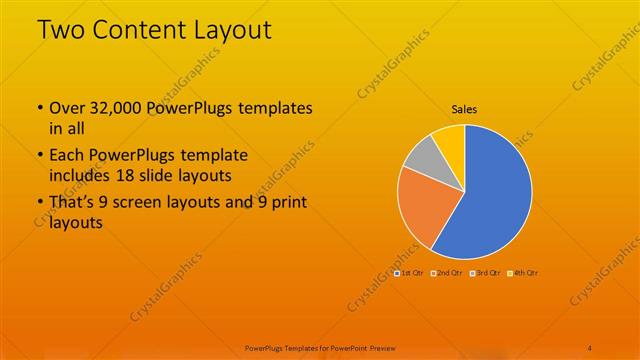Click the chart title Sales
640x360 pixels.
[x=465, y=108]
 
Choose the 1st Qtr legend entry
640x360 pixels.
[x=410, y=272]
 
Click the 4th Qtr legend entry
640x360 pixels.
[x=525, y=272]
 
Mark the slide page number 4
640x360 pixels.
[x=590, y=347]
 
